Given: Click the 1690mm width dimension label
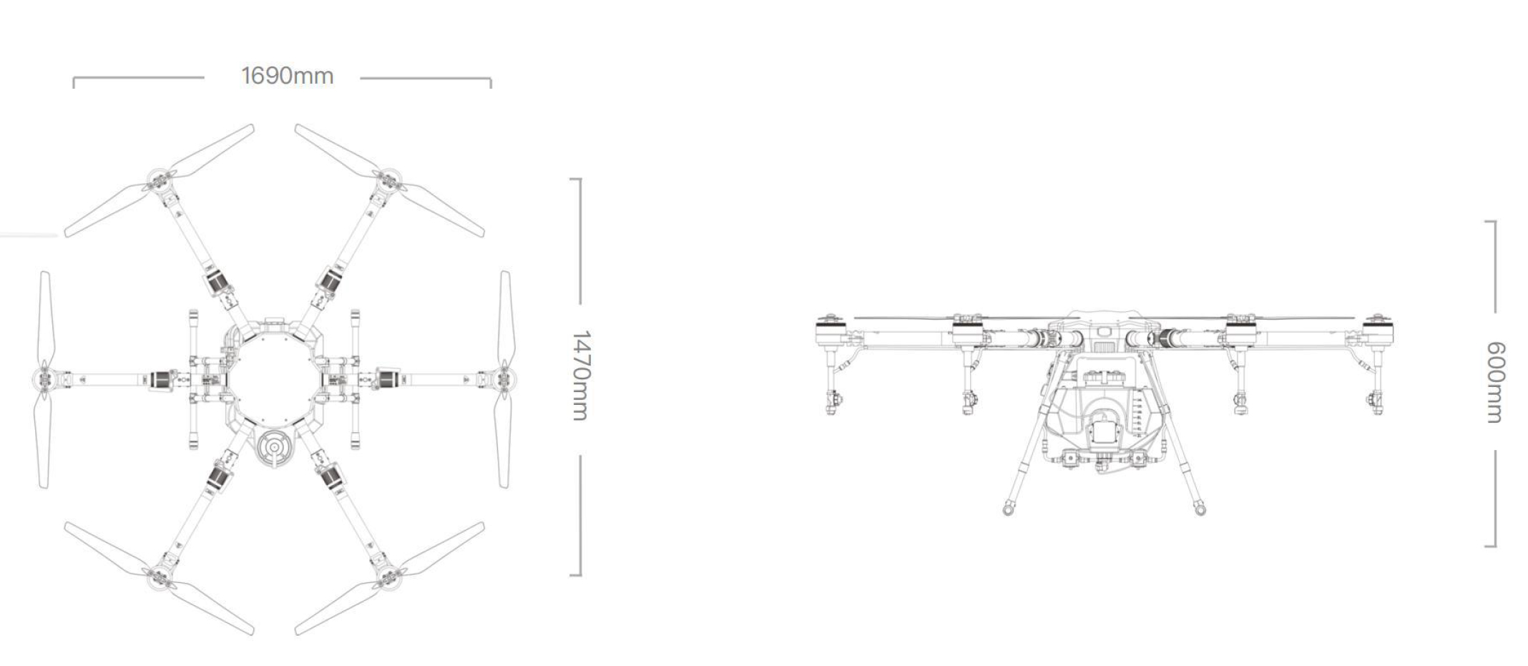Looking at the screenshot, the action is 288,76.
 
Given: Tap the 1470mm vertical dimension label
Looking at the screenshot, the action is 581,376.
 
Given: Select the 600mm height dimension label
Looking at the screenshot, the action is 1496,382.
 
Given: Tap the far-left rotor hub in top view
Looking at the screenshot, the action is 44,378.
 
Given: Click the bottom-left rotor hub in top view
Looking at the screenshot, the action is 160,577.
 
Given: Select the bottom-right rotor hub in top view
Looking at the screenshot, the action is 389,577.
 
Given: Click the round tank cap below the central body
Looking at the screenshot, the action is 275,449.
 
